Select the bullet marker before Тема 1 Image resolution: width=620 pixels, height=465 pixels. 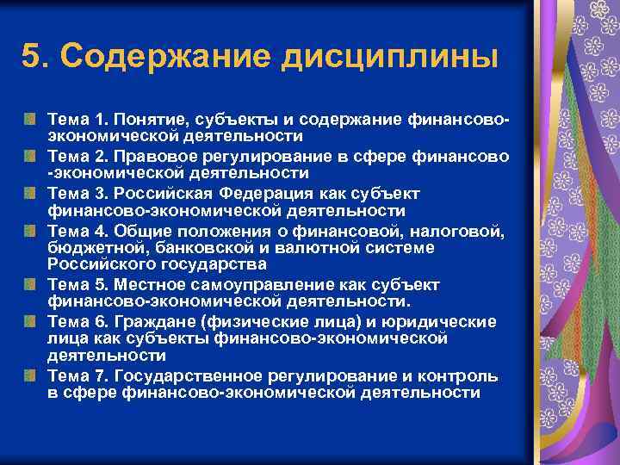click(x=31, y=116)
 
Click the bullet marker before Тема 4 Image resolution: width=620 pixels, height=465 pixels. click(x=31, y=228)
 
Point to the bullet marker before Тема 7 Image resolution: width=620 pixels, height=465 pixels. click(x=31, y=376)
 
